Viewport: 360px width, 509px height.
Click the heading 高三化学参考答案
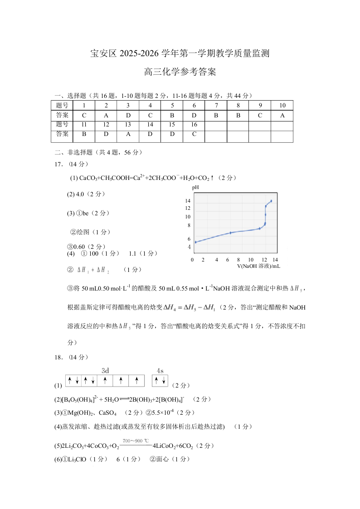pyautogui.click(x=180, y=72)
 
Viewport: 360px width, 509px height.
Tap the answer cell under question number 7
pyautogui.click(x=216, y=115)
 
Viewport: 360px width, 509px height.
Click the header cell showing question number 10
pyautogui.click(x=282, y=106)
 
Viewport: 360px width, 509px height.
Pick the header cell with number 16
pyautogui.click(x=194, y=124)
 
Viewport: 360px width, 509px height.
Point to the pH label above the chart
pyautogui.click(x=195, y=187)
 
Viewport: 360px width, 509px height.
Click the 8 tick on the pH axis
pyautogui.click(x=189, y=225)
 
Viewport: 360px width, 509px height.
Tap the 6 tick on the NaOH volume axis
pyautogui.click(x=228, y=260)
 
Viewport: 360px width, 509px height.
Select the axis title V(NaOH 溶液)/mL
pyautogui.click(x=258, y=266)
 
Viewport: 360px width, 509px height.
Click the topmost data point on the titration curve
pyautogui.click(x=271, y=201)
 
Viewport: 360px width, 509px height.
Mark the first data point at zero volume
pyautogui.click(x=195, y=242)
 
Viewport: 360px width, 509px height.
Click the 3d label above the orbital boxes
pyautogui.click(x=105, y=370)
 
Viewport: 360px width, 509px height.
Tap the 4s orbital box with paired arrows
pyautogui.click(x=160, y=381)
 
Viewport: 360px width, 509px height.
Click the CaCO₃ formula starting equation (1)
pyautogui.click(x=89, y=179)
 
